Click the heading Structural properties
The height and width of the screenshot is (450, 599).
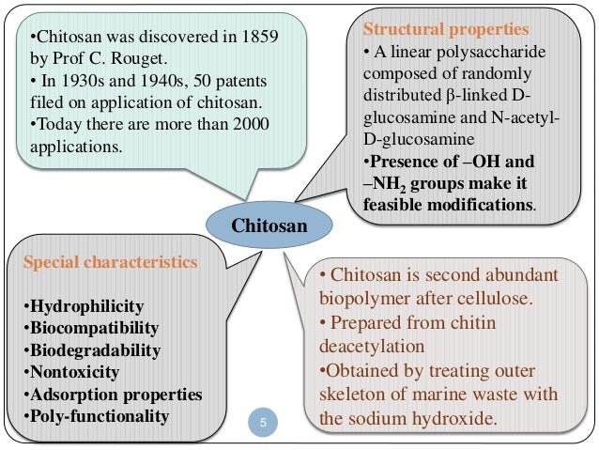click(438, 29)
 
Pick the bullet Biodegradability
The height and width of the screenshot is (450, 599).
click(95, 350)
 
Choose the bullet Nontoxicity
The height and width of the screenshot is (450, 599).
click(73, 372)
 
